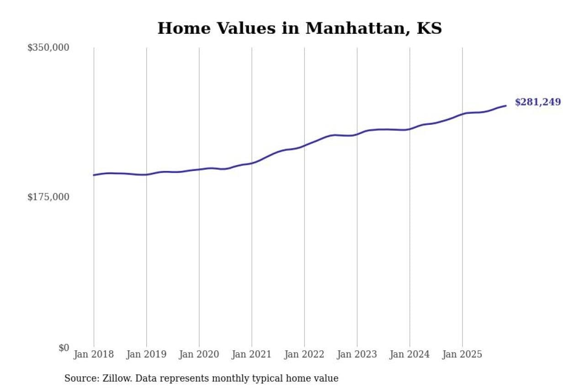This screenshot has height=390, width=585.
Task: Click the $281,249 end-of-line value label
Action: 537,102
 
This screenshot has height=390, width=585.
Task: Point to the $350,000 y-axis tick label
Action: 48,48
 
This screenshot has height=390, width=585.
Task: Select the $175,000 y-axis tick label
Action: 48,197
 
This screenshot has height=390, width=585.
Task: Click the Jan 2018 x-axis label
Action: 94,354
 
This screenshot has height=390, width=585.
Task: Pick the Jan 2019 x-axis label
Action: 146,354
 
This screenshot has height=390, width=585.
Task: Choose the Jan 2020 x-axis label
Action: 199,354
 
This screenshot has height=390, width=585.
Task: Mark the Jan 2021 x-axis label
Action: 251,354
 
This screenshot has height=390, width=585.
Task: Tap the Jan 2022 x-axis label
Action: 304,354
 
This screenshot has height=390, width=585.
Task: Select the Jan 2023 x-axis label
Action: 357,354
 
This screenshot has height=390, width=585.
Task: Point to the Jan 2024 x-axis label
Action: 409,354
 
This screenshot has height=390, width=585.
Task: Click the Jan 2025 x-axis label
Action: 462,354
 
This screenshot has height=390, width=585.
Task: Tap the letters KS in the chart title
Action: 430,28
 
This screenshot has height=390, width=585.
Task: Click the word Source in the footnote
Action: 79,379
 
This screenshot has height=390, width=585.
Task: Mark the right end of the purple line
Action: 506,106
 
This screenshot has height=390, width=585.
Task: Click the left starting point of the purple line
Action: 94,175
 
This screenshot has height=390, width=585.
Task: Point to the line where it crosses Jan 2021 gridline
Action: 252,163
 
